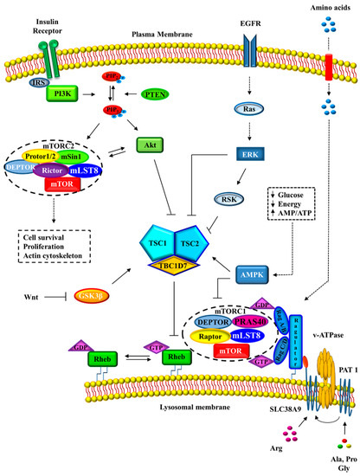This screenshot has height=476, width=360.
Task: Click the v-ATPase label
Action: click(315, 325)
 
